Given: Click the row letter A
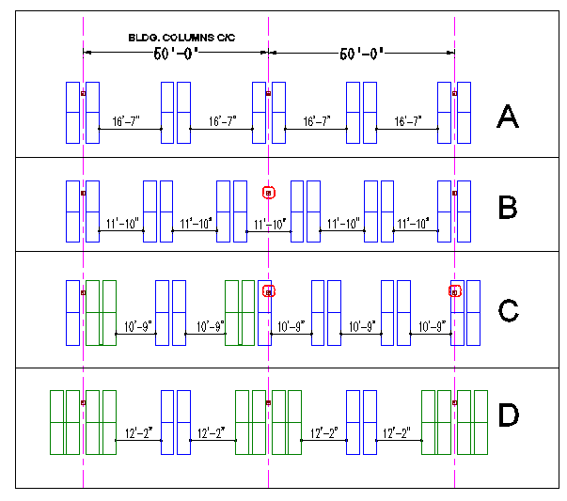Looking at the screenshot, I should [507, 117].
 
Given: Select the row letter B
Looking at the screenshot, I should [507, 208].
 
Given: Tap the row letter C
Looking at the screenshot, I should [507, 309].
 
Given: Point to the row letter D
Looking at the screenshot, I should [507, 415].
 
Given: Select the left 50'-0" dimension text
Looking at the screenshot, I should [176, 53].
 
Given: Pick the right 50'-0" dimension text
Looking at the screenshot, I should [362, 53].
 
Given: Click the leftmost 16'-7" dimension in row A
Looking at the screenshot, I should [125, 121].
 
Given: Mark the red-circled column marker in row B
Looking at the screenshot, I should [268, 193].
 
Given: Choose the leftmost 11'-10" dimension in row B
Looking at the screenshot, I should [124, 223].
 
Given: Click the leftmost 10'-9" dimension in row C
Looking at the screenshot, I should [139, 326].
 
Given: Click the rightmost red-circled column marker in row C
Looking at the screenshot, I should [455, 292].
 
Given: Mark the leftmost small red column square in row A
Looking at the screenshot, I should [83, 93].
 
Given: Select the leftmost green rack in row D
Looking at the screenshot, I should [65, 422].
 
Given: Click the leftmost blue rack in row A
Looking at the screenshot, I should [72, 113].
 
